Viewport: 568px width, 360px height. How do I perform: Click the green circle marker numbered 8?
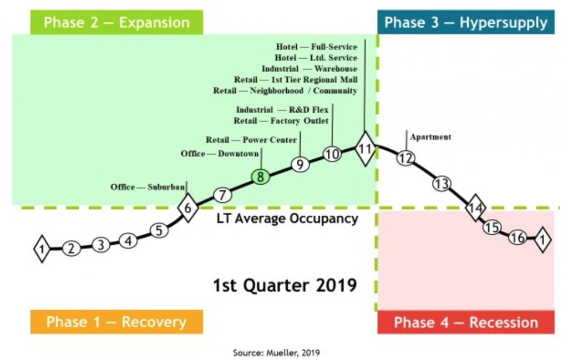tap(261, 177)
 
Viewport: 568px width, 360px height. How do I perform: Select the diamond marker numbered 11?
tap(365, 149)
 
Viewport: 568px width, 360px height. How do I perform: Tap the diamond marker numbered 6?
tap(188, 208)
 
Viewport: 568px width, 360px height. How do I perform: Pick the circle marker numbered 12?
tap(405, 158)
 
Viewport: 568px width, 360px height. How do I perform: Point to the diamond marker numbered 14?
tap(475, 208)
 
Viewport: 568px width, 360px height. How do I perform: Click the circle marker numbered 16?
tap(518, 237)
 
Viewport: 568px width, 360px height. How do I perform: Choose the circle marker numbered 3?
tap(101, 245)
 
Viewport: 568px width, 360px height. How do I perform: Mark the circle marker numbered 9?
tap(300, 164)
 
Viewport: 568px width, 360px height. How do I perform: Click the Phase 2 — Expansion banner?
tap(116, 22)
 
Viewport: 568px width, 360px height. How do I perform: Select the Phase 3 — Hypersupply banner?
tap(466, 22)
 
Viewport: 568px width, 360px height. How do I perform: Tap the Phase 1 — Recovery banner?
tap(116, 322)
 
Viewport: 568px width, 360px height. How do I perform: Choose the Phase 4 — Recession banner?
tap(466, 322)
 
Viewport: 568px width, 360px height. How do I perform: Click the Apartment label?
tap(430, 137)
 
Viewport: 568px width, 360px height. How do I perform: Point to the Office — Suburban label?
tap(148, 187)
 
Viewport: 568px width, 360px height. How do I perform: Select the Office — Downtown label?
tap(220, 154)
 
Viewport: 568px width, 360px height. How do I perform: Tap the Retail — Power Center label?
tap(251, 140)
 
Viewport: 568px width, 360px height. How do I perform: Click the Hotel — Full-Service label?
tap(317, 47)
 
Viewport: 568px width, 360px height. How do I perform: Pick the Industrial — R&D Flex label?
tap(282, 110)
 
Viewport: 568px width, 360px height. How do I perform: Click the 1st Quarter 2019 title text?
tap(285, 285)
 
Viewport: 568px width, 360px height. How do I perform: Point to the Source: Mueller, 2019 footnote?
tap(276, 352)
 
